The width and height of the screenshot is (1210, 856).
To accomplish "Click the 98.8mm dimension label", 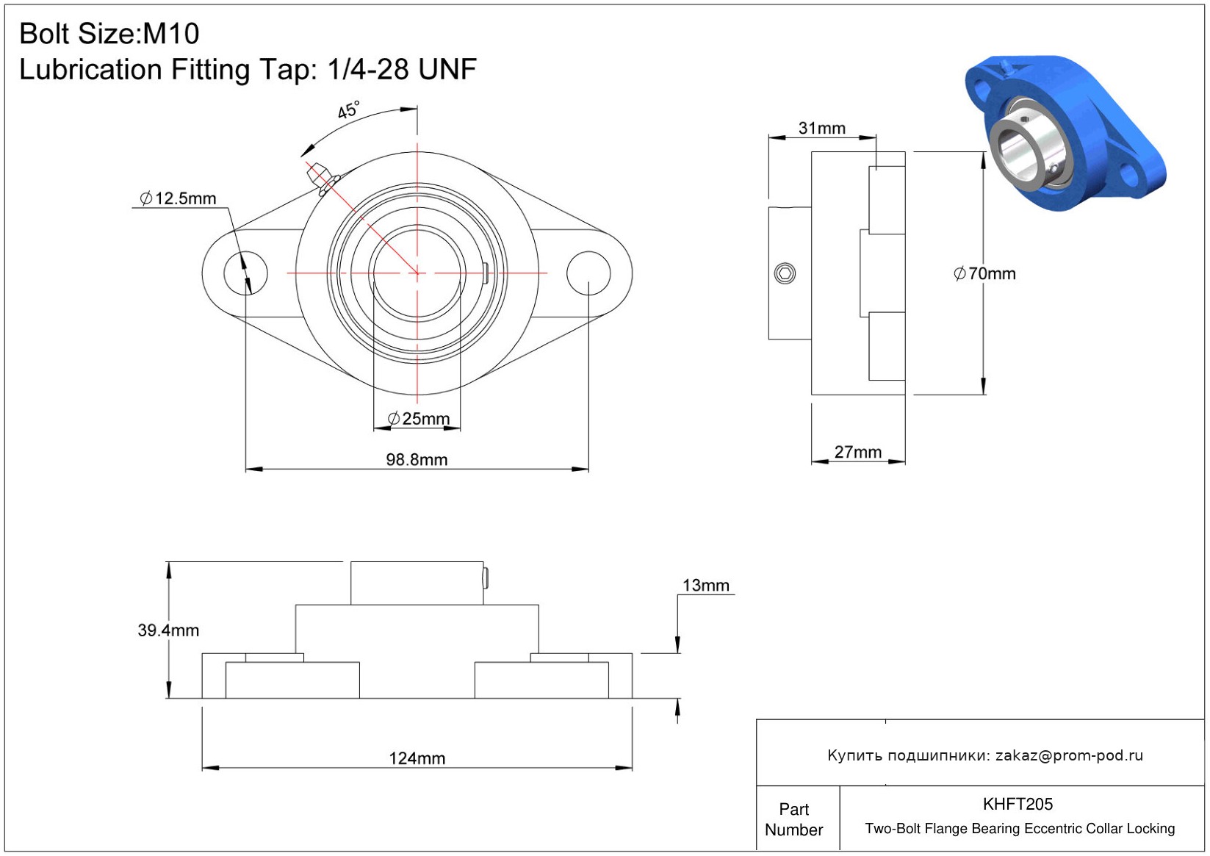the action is point(417,459).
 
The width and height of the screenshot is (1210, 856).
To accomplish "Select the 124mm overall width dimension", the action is point(417,758).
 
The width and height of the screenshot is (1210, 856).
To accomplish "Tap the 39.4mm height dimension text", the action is point(168,630).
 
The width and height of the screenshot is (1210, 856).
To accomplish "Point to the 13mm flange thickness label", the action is point(706,586).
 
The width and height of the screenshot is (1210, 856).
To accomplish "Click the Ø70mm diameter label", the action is point(984,273).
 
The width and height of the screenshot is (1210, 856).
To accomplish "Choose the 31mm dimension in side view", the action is point(821,128).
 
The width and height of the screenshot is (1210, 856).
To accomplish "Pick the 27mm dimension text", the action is point(858,452).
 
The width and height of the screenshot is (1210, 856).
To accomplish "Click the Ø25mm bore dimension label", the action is point(418,418).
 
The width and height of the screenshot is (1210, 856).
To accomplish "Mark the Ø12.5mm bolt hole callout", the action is point(178,198).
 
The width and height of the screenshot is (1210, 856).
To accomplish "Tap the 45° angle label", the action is point(348,110).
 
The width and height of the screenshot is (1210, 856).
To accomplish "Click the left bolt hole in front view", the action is point(246,273).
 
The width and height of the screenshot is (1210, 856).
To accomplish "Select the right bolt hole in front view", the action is point(588,273).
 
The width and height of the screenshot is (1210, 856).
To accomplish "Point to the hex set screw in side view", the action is point(785,273).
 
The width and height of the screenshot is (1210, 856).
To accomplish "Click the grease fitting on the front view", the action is point(321,178).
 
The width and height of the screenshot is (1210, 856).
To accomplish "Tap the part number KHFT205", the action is point(1018,804).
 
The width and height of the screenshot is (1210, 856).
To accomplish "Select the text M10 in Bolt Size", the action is point(170,34).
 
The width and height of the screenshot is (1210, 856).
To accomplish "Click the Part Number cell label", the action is point(793,819).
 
